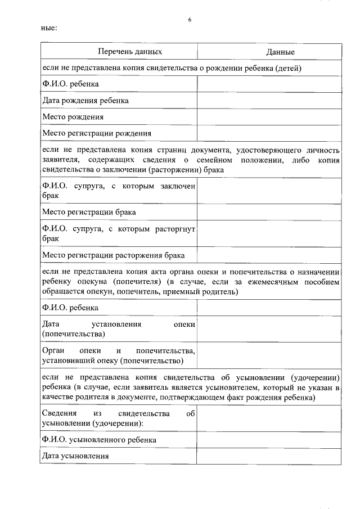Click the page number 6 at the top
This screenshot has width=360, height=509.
[190, 20]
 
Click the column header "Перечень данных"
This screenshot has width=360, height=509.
[130, 52]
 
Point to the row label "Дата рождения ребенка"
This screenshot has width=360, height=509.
[85, 101]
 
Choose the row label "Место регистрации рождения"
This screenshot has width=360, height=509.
[97, 133]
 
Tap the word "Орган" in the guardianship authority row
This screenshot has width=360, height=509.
[55, 350]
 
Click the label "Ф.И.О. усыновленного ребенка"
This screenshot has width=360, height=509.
[99, 440]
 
